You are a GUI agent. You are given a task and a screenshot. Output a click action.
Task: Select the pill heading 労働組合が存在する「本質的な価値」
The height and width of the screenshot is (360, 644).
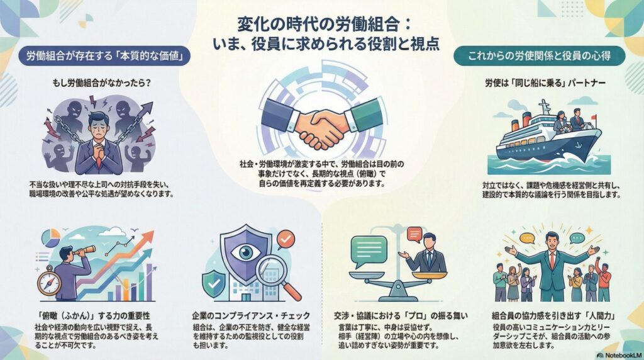pyautogui.click(x=104, y=56)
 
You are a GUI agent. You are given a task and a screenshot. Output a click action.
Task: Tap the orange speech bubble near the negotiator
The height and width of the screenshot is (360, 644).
pyautogui.click(x=413, y=235)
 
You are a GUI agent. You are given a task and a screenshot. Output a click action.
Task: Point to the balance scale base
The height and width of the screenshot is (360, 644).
pyautogui.click(x=394, y=296)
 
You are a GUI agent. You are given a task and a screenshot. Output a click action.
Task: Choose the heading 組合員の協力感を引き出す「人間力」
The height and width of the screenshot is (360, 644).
pyautogui.click(x=554, y=314)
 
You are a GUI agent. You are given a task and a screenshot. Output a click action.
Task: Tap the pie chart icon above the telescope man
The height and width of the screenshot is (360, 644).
pyautogui.click(x=50, y=237)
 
